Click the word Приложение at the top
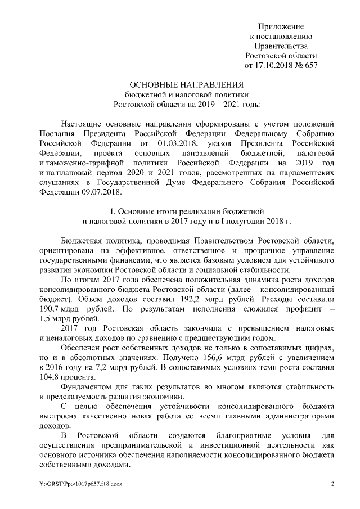[281, 26]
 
